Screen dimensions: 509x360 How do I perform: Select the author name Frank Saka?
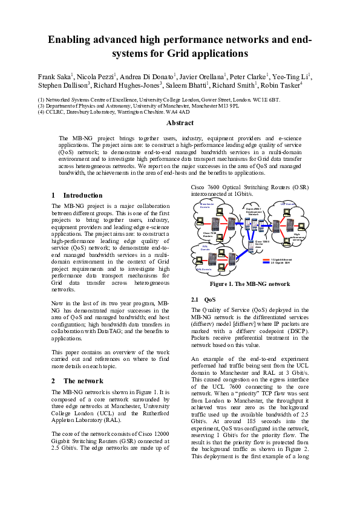click(x=53, y=77)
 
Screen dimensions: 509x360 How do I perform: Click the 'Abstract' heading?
click(x=180, y=123)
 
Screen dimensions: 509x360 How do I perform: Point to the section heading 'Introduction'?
click(x=83, y=195)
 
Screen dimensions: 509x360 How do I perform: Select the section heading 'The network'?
click(x=83, y=381)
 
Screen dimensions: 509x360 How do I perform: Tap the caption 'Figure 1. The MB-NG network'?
click(x=249, y=284)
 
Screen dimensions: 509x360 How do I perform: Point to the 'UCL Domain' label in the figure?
click(x=289, y=204)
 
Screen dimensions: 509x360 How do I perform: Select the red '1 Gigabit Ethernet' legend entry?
click(x=281, y=260)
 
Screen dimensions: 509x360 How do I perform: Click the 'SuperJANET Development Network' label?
click(x=254, y=212)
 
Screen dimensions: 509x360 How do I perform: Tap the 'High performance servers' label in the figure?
click(x=298, y=237)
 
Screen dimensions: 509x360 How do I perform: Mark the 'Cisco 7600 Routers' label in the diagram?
click(x=209, y=235)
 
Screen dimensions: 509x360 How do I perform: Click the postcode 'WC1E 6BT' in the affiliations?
click(x=267, y=99)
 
